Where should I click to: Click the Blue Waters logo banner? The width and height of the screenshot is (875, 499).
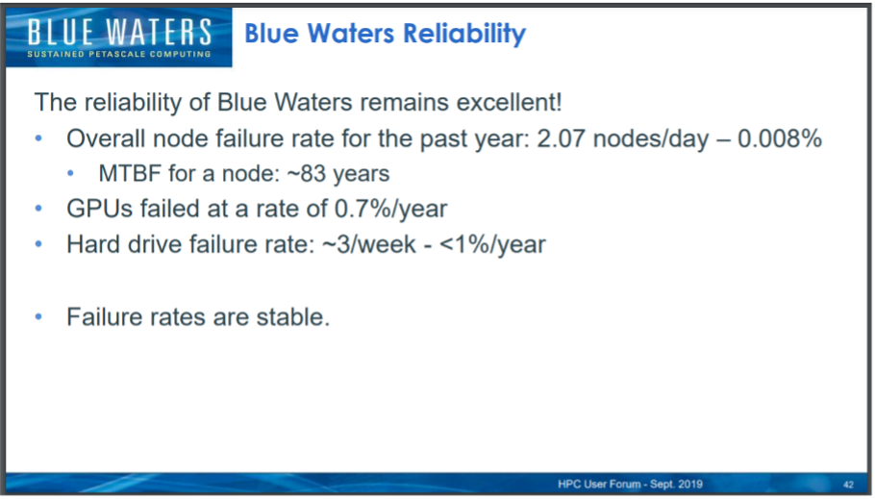pos(119,37)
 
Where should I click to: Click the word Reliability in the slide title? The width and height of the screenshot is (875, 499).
pos(464,34)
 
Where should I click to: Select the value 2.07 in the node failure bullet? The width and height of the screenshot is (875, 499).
pos(561,138)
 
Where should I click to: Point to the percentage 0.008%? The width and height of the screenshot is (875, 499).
pos(780,138)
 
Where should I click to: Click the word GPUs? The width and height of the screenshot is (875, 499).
pos(100,209)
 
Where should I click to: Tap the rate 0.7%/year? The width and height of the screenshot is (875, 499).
pos(390,210)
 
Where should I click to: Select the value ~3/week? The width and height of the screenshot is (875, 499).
pos(369,244)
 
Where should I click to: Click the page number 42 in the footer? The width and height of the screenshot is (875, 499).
pos(848,485)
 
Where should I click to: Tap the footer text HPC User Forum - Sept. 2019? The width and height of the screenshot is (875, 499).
pos(630,484)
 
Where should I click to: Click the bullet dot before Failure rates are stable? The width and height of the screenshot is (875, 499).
pos(38,317)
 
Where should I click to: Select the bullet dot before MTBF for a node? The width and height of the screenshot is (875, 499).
pos(70,174)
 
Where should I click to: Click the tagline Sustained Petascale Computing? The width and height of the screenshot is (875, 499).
pos(119,54)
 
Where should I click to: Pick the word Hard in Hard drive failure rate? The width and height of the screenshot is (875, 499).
pos(92,244)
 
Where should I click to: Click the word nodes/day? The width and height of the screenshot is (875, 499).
pos(651,139)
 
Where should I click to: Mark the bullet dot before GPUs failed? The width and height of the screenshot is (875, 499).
pos(38,209)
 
